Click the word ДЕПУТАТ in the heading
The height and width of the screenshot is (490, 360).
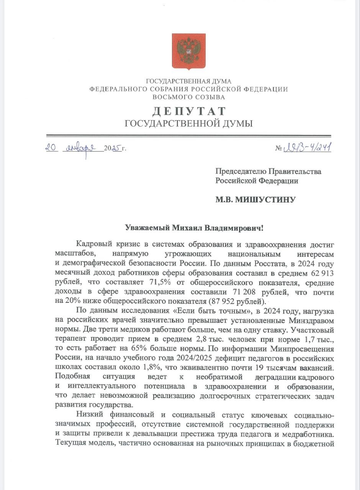pos(189,111)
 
